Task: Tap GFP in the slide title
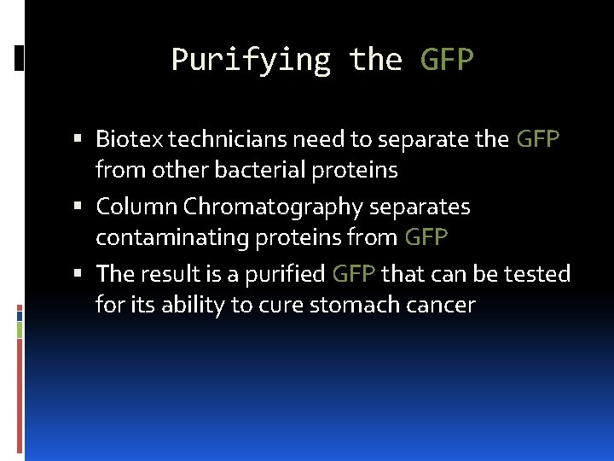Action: pyautogui.click(x=447, y=60)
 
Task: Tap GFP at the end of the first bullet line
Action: pyautogui.click(x=538, y=138)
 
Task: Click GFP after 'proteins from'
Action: pyautogui.click(x=426, y=237)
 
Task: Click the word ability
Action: pyautogui.click(x=191, y=305)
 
